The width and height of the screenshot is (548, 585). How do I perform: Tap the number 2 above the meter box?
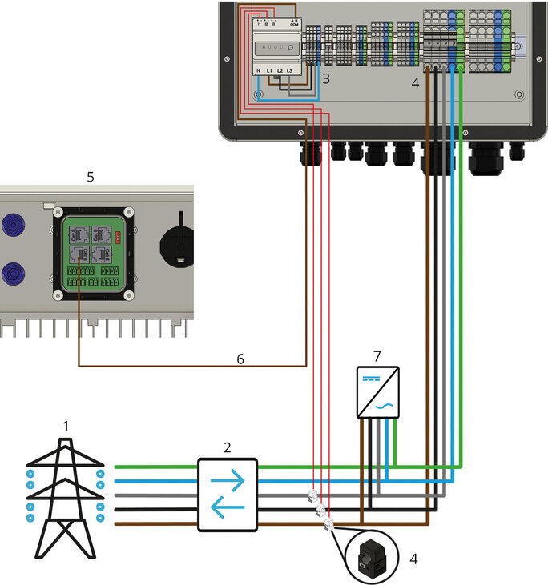(x=227, y=447)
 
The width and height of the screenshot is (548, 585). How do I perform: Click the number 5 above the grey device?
(x=90, y=176)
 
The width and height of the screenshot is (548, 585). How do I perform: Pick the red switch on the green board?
(x=119, y=236)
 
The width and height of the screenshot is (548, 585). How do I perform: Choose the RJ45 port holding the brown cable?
(x=80, y=254)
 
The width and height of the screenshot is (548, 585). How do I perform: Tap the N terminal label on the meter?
(x=259, y=72)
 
